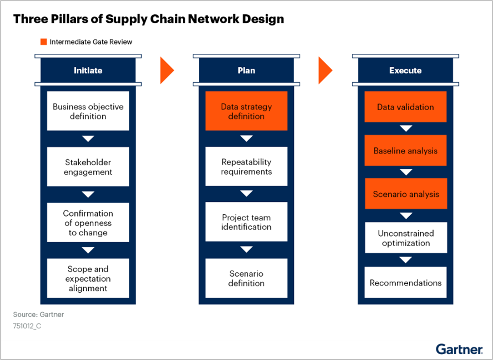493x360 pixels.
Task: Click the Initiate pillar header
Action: (x=88, y=70)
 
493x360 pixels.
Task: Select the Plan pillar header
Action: (x=246, y=70)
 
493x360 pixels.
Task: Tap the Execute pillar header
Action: (x=405, y=70)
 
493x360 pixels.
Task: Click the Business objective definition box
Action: (x=88, y=111)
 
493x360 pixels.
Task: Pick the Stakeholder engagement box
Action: (x=88, y=167)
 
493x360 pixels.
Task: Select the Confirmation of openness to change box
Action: (x=88, y=223)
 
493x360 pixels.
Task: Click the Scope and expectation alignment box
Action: (x=88, y=278)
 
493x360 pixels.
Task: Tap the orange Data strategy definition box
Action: (x=246, y=111)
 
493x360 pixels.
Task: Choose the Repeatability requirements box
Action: (x=246, y=167)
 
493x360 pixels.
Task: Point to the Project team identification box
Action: (x=246, y=222)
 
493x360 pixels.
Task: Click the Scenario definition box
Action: (x=246, y=278)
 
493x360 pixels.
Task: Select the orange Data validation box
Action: (x=405, y=107)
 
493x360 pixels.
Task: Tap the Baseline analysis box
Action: (x=405, y=151)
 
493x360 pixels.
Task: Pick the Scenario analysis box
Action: (x=405, y=194)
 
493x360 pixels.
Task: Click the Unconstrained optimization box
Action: (x=405, y=238)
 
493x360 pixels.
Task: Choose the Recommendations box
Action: (x=405, y=282)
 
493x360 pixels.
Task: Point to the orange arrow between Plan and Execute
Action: (x=325, y=70)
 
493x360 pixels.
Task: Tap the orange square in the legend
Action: (x=44, y=42)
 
